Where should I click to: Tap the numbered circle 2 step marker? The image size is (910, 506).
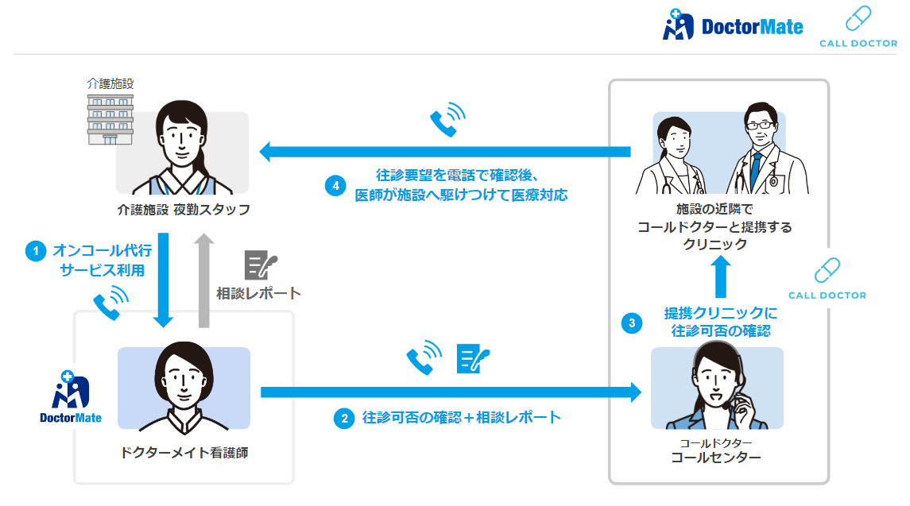point(343,418)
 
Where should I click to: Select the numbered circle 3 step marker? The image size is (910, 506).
point(632,323)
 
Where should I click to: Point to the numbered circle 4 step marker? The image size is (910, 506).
point(335,186)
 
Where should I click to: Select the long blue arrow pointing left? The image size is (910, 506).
point(445,151)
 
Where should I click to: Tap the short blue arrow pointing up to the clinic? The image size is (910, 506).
point(720,276)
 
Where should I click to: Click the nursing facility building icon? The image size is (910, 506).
point(110,117)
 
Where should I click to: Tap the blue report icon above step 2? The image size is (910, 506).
point(473,358)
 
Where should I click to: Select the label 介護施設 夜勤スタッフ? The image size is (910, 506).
point(183,211)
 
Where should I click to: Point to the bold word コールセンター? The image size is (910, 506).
point(716,458)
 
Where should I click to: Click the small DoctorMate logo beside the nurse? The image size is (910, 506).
point(71,398)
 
